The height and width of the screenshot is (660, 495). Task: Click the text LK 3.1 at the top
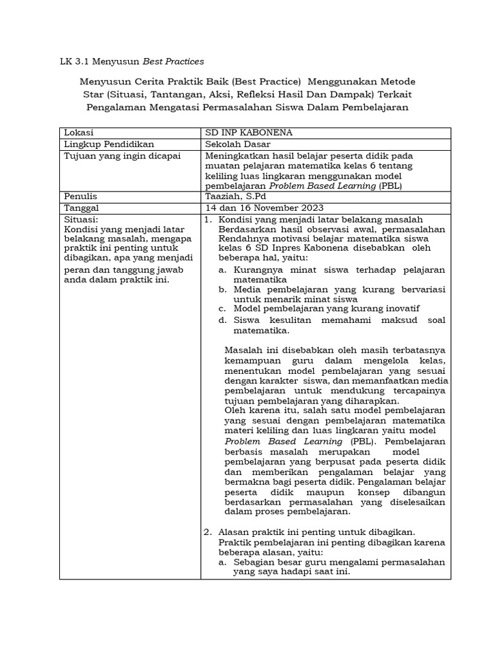[74, 62]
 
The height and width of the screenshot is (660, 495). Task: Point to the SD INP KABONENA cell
[248, 133]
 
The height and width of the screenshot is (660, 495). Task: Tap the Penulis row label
[80, 196]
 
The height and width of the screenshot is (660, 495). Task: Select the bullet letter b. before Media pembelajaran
[222, 290]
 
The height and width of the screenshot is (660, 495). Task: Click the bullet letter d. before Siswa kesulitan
[222, 320]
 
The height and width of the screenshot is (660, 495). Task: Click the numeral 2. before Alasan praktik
[208, 532]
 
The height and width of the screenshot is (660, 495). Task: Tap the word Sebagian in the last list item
[253, 562]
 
